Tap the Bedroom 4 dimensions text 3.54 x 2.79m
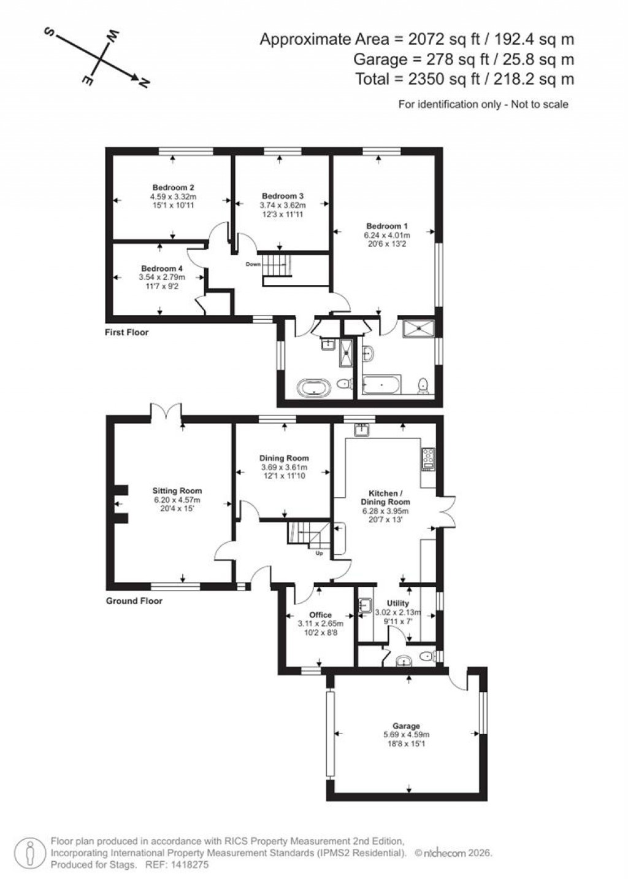162,277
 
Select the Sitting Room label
177,491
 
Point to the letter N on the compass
144,83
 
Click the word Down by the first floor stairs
253,265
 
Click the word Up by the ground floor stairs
319,553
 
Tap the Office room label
320,615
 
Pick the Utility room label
398,603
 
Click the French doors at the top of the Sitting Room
166,412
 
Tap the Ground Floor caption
134,601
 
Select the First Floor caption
127,333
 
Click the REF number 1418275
190,864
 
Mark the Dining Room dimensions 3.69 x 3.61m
283,467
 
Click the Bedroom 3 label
282,196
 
